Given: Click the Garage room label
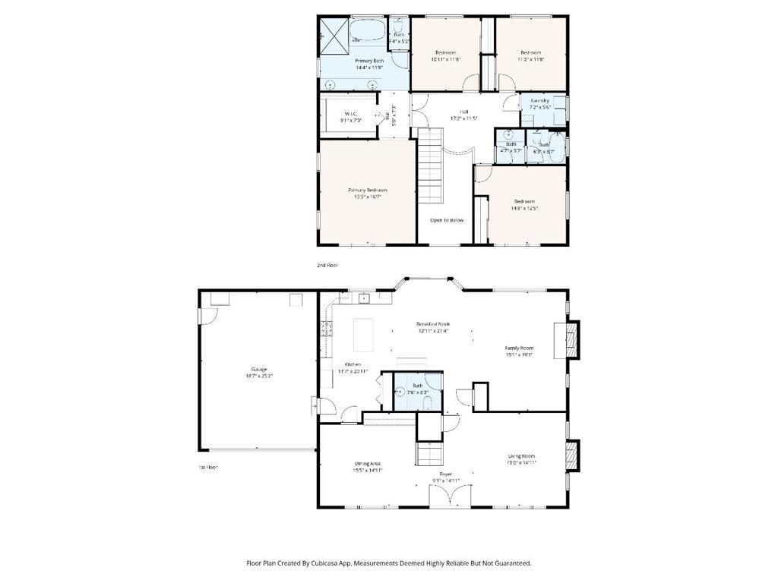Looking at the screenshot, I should point(258,370).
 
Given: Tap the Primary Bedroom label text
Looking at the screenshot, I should point(368,190).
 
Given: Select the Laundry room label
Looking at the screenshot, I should point(540,100).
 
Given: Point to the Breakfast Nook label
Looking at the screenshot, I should point(433,323).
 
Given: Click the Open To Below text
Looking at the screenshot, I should point(447,220).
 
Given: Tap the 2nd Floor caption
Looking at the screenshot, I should point(327,266).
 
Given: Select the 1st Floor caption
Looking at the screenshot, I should point(207,468).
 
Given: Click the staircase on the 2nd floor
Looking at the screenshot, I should point(430,165).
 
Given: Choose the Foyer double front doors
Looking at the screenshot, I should point(450,497).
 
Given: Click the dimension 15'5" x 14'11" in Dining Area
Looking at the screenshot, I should point(368,470).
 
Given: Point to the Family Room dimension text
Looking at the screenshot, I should point(520,355).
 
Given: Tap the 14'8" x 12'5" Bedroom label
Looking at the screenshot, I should point(524,208).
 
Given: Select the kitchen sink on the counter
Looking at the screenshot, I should point(364,298).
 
